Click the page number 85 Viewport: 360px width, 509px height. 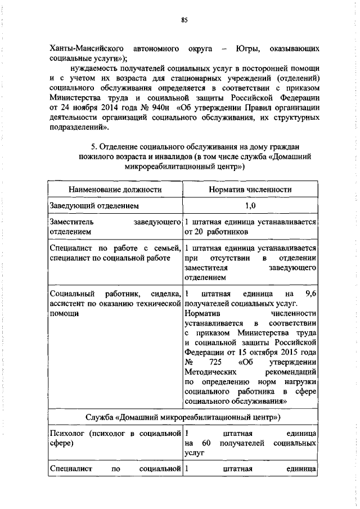(184, 20)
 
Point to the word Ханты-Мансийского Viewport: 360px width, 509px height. (83, 49)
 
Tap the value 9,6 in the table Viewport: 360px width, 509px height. (310, 294)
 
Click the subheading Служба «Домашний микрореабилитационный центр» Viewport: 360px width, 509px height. (183, 417)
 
